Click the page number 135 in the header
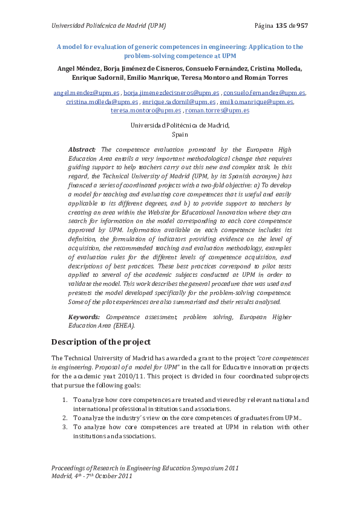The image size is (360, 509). (x=281, y=25)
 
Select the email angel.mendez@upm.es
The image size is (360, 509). (x=86, y=93)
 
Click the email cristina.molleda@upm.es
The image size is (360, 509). (x=102, y=102)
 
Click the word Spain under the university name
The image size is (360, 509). (x=180, y=135)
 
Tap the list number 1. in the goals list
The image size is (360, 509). (x=65, y=400)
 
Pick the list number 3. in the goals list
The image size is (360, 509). (x=65, y=427)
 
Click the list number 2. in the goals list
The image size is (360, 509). (x=65, y=418)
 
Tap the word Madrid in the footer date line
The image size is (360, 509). (x=61, y=476)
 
